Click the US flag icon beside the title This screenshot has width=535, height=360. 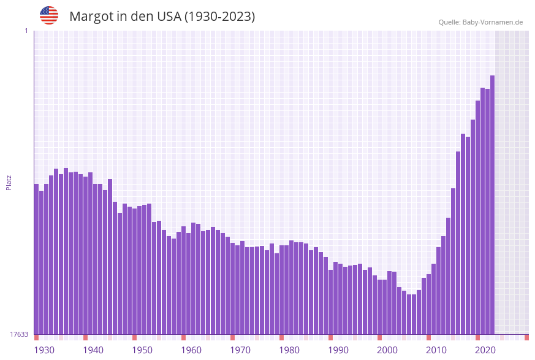[49, 15]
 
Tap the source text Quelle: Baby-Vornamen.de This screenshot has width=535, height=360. [480, 22]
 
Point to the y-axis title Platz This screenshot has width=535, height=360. [9, 182]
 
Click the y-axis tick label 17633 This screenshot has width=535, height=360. [19, 334]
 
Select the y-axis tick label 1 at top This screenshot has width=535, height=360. [26, 31]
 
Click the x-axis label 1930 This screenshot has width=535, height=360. [44, 350]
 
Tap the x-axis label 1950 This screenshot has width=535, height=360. [142, 350]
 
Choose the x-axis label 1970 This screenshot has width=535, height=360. [240, 350]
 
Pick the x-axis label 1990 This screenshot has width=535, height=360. [338, 350]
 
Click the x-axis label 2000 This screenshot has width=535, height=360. [387, 350]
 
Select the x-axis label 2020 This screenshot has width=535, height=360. [485, 350]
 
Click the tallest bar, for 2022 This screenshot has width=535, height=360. [492, 202]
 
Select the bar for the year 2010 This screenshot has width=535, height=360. [433, 301]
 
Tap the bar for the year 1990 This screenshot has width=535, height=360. [335, 301]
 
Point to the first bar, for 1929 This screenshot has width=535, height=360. [36, 258]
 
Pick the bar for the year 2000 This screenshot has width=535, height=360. [384, 307]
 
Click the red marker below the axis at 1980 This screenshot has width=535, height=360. [281, 337]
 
